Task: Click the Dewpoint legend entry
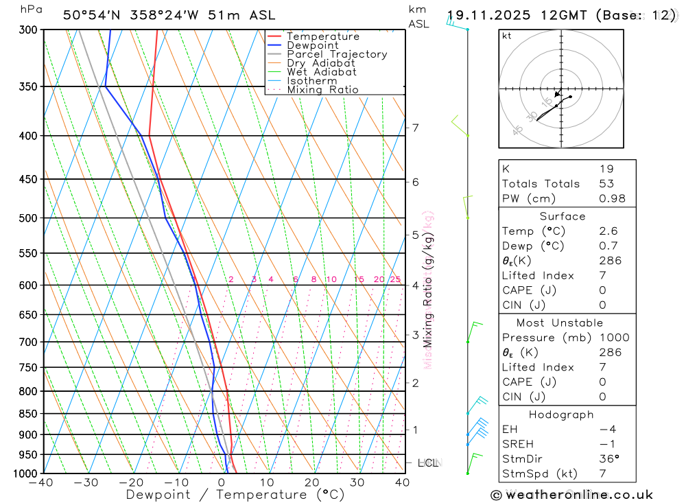click(x=312, y=45)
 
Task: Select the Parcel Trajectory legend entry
click(x=337, y=54)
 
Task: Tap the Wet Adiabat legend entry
click(x=322, y=72)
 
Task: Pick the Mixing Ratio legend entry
click(x=322, y=90)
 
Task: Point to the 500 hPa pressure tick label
click(x=29, y=218)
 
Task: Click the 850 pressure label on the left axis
click(x=29, y=414)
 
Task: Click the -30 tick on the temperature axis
click(x=86, y=482)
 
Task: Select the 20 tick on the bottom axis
click(x=312, y=482)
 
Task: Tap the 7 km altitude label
click(x=415, y=128)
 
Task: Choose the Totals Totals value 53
click(x=606, y=184)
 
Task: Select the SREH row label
click(x=518, y=444)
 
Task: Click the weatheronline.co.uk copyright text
click(x=571, y=495)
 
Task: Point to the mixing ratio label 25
click(x=395, y=279)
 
